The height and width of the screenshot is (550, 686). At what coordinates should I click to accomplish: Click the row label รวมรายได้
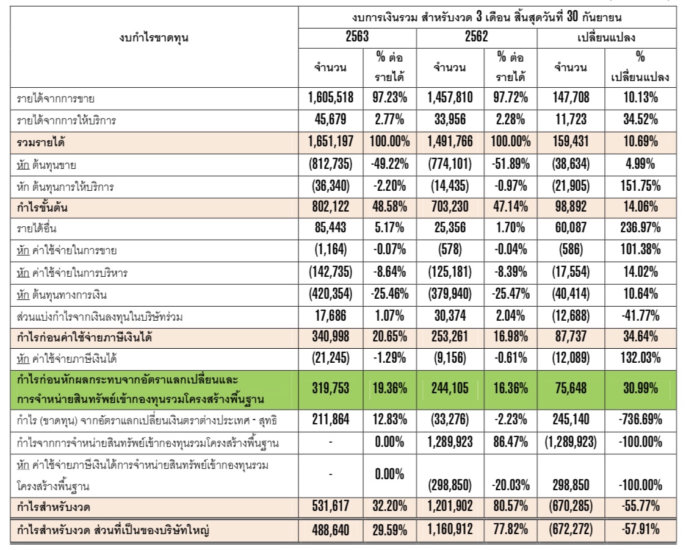[x=42, y=142]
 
